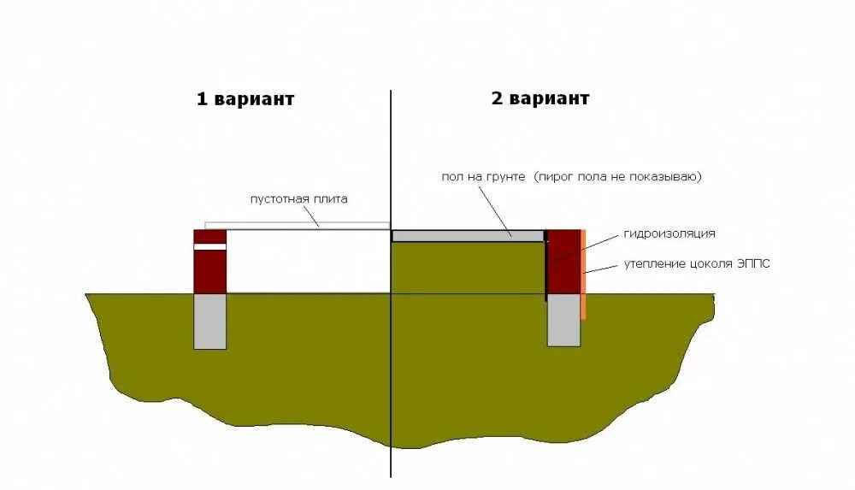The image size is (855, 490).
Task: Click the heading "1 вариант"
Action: [245, 98]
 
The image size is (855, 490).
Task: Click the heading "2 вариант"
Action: [540, 97]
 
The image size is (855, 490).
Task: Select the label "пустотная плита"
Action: [298, 199]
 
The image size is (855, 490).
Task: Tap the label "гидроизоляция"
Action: [669, 233]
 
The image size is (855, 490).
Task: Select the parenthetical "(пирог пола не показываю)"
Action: [617, 176]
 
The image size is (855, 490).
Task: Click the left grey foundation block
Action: [210, 321]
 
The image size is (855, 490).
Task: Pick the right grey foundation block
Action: [563, 320]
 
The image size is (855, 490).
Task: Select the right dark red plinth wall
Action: [564, 265]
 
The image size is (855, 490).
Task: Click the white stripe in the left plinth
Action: [210, 246]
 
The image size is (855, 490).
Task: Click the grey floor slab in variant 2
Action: [468, 235]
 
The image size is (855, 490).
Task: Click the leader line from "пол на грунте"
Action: [495, 210]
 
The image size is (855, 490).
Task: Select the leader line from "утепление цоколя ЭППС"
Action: [602, 269]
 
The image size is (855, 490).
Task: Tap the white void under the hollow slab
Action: [308, 261]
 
